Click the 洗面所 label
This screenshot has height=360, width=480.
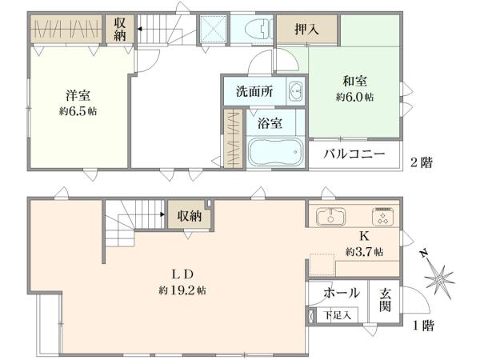254,91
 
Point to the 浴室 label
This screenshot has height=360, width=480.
269,124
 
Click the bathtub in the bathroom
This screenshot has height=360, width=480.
275,151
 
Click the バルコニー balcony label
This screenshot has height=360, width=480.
354,154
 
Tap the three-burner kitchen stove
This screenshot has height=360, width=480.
382,217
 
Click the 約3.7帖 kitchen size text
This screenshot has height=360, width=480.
364,251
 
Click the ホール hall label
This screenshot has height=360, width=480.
341,294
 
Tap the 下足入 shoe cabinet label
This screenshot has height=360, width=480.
334,315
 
